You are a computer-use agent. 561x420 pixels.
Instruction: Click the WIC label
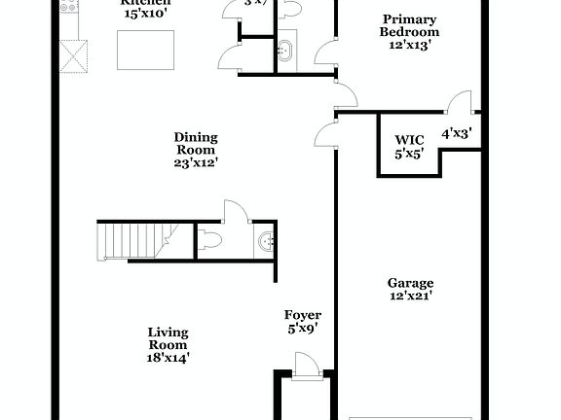pos(408,139)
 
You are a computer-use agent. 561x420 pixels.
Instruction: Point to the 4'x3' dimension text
pos(456,134)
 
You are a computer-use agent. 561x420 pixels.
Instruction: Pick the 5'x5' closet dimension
pos(408,153)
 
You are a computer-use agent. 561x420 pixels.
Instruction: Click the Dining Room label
pos(195,144)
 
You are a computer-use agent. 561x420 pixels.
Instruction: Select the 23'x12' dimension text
pos(195,163)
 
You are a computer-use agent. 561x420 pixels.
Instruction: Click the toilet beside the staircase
pos(211,239)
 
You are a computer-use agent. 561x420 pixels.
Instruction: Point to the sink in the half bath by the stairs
pos(265,242)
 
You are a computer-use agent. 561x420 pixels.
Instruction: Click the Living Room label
pos(168,338)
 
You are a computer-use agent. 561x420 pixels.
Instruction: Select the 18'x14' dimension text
pos(168,357)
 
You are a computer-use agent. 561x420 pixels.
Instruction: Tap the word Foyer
pos(302,315)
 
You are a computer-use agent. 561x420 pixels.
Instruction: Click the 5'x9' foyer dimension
pos(302,329)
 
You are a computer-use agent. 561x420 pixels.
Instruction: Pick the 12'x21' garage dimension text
pos(409,296)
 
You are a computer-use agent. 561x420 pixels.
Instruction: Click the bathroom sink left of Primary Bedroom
pos(285,51)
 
